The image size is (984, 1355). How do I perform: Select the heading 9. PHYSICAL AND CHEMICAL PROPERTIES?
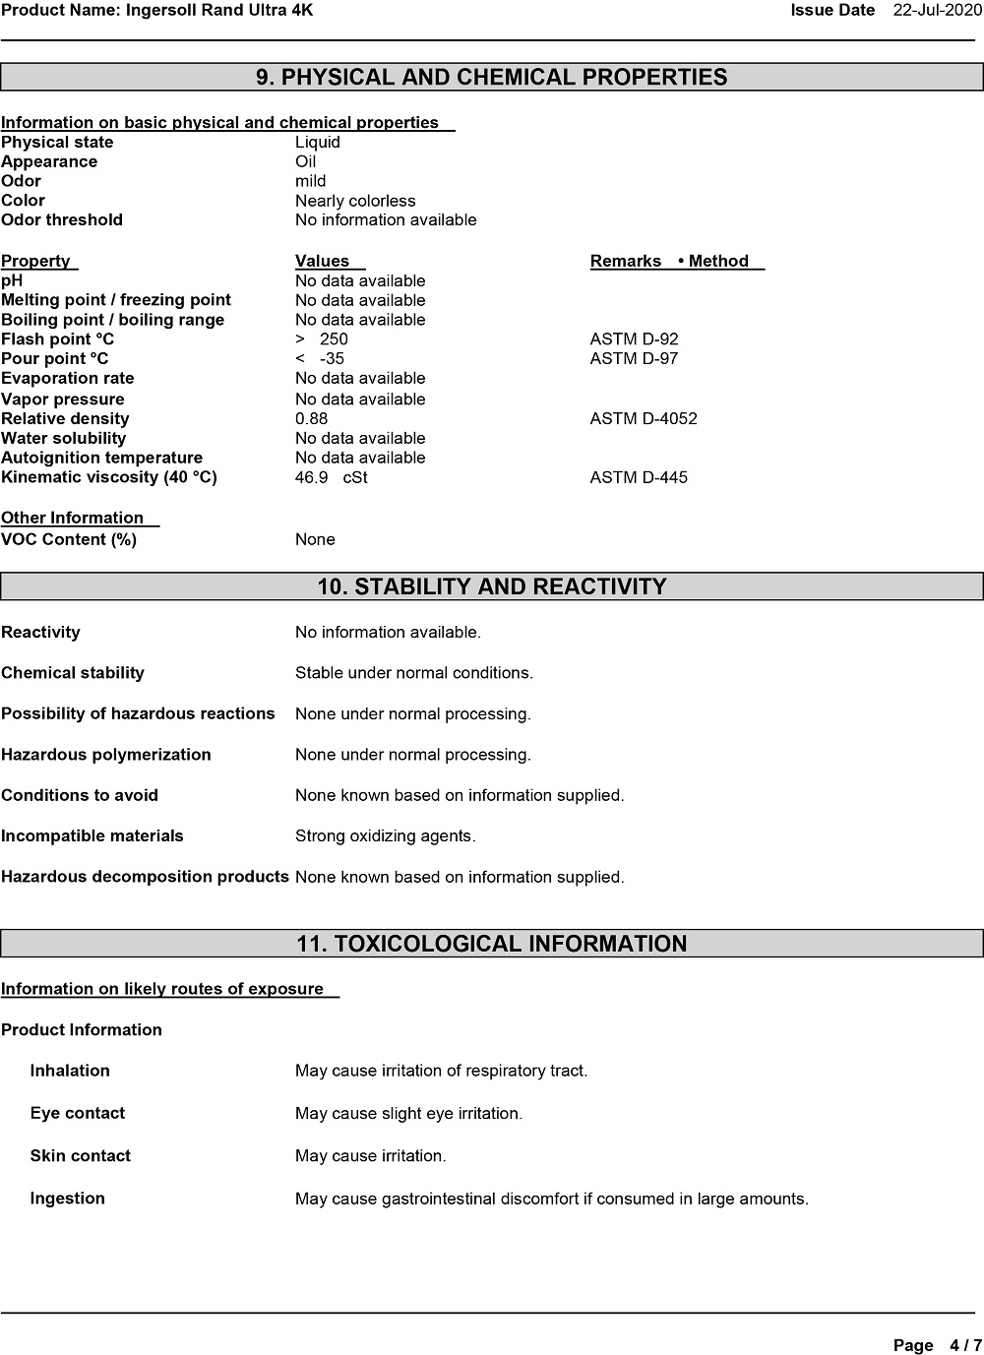point(491,78)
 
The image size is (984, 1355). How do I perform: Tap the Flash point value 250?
point(334,339)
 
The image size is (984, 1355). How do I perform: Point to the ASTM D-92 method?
point(634,339)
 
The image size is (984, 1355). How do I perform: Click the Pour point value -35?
point(332,359)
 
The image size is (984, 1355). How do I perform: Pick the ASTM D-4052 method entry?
point(644,419)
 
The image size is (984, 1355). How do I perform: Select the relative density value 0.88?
point(312,419)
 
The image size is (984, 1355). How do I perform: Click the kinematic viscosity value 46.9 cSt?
point(331,478)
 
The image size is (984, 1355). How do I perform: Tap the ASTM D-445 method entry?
point(639,478)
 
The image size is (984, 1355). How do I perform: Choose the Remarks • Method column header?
point(676,262)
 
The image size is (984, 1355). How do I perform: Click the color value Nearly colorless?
point(355,201)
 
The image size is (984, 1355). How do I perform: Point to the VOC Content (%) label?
point(69,539)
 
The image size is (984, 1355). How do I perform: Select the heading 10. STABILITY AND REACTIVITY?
point(491,587)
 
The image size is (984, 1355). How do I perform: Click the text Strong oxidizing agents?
point(385,836)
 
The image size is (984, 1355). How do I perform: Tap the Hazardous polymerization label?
point(106,755)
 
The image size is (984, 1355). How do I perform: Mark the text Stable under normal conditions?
point(413,673)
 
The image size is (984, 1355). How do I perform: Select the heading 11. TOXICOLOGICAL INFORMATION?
point(491,945)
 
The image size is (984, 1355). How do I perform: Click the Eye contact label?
point(78,1114)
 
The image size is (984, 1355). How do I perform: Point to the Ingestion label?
point(68,1199)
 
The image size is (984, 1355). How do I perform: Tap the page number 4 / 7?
point(965,1345)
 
